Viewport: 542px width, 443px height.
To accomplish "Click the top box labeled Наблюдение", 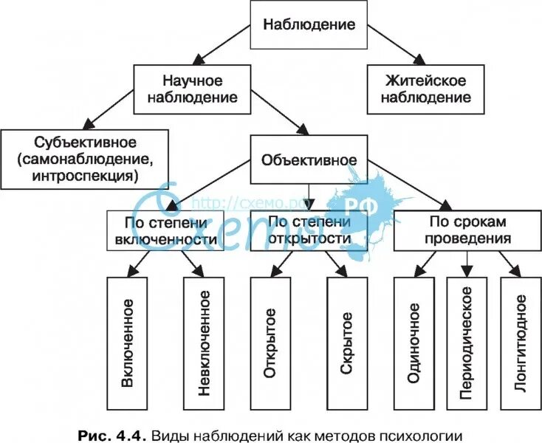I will pyautogui.click(x=309, y=24).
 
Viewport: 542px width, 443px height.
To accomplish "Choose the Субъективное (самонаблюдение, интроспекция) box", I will pyautogui.click(x=85, y=158).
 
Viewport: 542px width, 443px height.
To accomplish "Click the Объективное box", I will pyautogui.click(x=309, y=159).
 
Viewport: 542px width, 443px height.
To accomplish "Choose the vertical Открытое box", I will pyautogui.click(x=270, y=343).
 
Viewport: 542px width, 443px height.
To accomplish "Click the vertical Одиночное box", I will pyautogui.click(x=414, y=343).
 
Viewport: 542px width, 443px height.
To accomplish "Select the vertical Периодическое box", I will pyautogui.click(x=466, y=343).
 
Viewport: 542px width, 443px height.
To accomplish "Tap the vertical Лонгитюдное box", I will pyautogui.click(x=521, y=343).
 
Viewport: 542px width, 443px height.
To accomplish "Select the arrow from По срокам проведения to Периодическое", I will pyautogui.click(x=466, y=263).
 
